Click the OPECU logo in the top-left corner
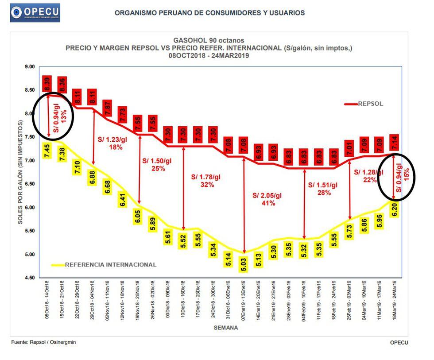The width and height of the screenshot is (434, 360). point(35,12)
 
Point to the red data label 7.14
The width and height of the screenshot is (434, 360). point(395,143)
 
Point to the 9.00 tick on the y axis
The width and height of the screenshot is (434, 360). point(30,67)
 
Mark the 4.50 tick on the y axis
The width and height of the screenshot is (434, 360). point(30,278)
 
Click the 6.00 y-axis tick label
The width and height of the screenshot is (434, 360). point(30,208)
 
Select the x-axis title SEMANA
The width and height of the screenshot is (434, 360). point(225,328)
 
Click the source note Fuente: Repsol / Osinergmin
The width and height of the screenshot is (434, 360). point(43,342)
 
